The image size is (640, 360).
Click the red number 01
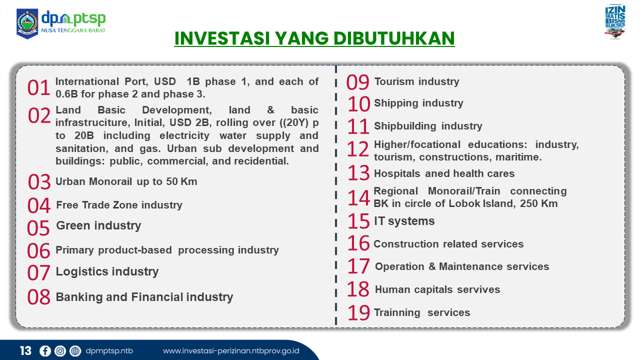[x=39, y=87]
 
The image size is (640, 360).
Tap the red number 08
[x=39, y=297]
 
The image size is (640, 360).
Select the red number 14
[x=359, y=198]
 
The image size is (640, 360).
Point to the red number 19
[x=359, y=313]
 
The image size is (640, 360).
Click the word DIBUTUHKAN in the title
[x=394, y=38]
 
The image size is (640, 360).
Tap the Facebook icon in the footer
[x=45, y=351]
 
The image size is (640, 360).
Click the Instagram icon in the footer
[x=60, y=351]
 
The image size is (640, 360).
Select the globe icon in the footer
[x=75, y=351]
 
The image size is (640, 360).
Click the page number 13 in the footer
[x=25, y=351]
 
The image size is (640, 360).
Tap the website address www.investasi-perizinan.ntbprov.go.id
[x=231, y=351]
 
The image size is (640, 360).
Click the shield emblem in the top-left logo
[x=27, y=23]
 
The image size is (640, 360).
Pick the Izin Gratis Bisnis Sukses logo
[x=615, y=21]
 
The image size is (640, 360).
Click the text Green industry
[x=98, y=225]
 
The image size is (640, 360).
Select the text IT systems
[x=404, y=221]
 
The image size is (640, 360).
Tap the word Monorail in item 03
[x=110, y=181]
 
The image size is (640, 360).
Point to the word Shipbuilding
[x=405, y=126]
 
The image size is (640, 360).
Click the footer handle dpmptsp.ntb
[x=109, y=351]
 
